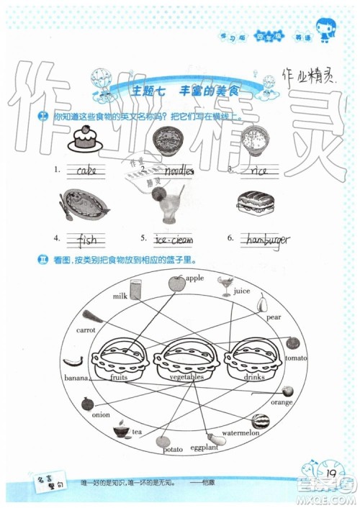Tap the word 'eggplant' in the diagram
point(205,447)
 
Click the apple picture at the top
point(176,284)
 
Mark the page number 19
point(331,473)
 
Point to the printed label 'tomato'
point(296,357)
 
